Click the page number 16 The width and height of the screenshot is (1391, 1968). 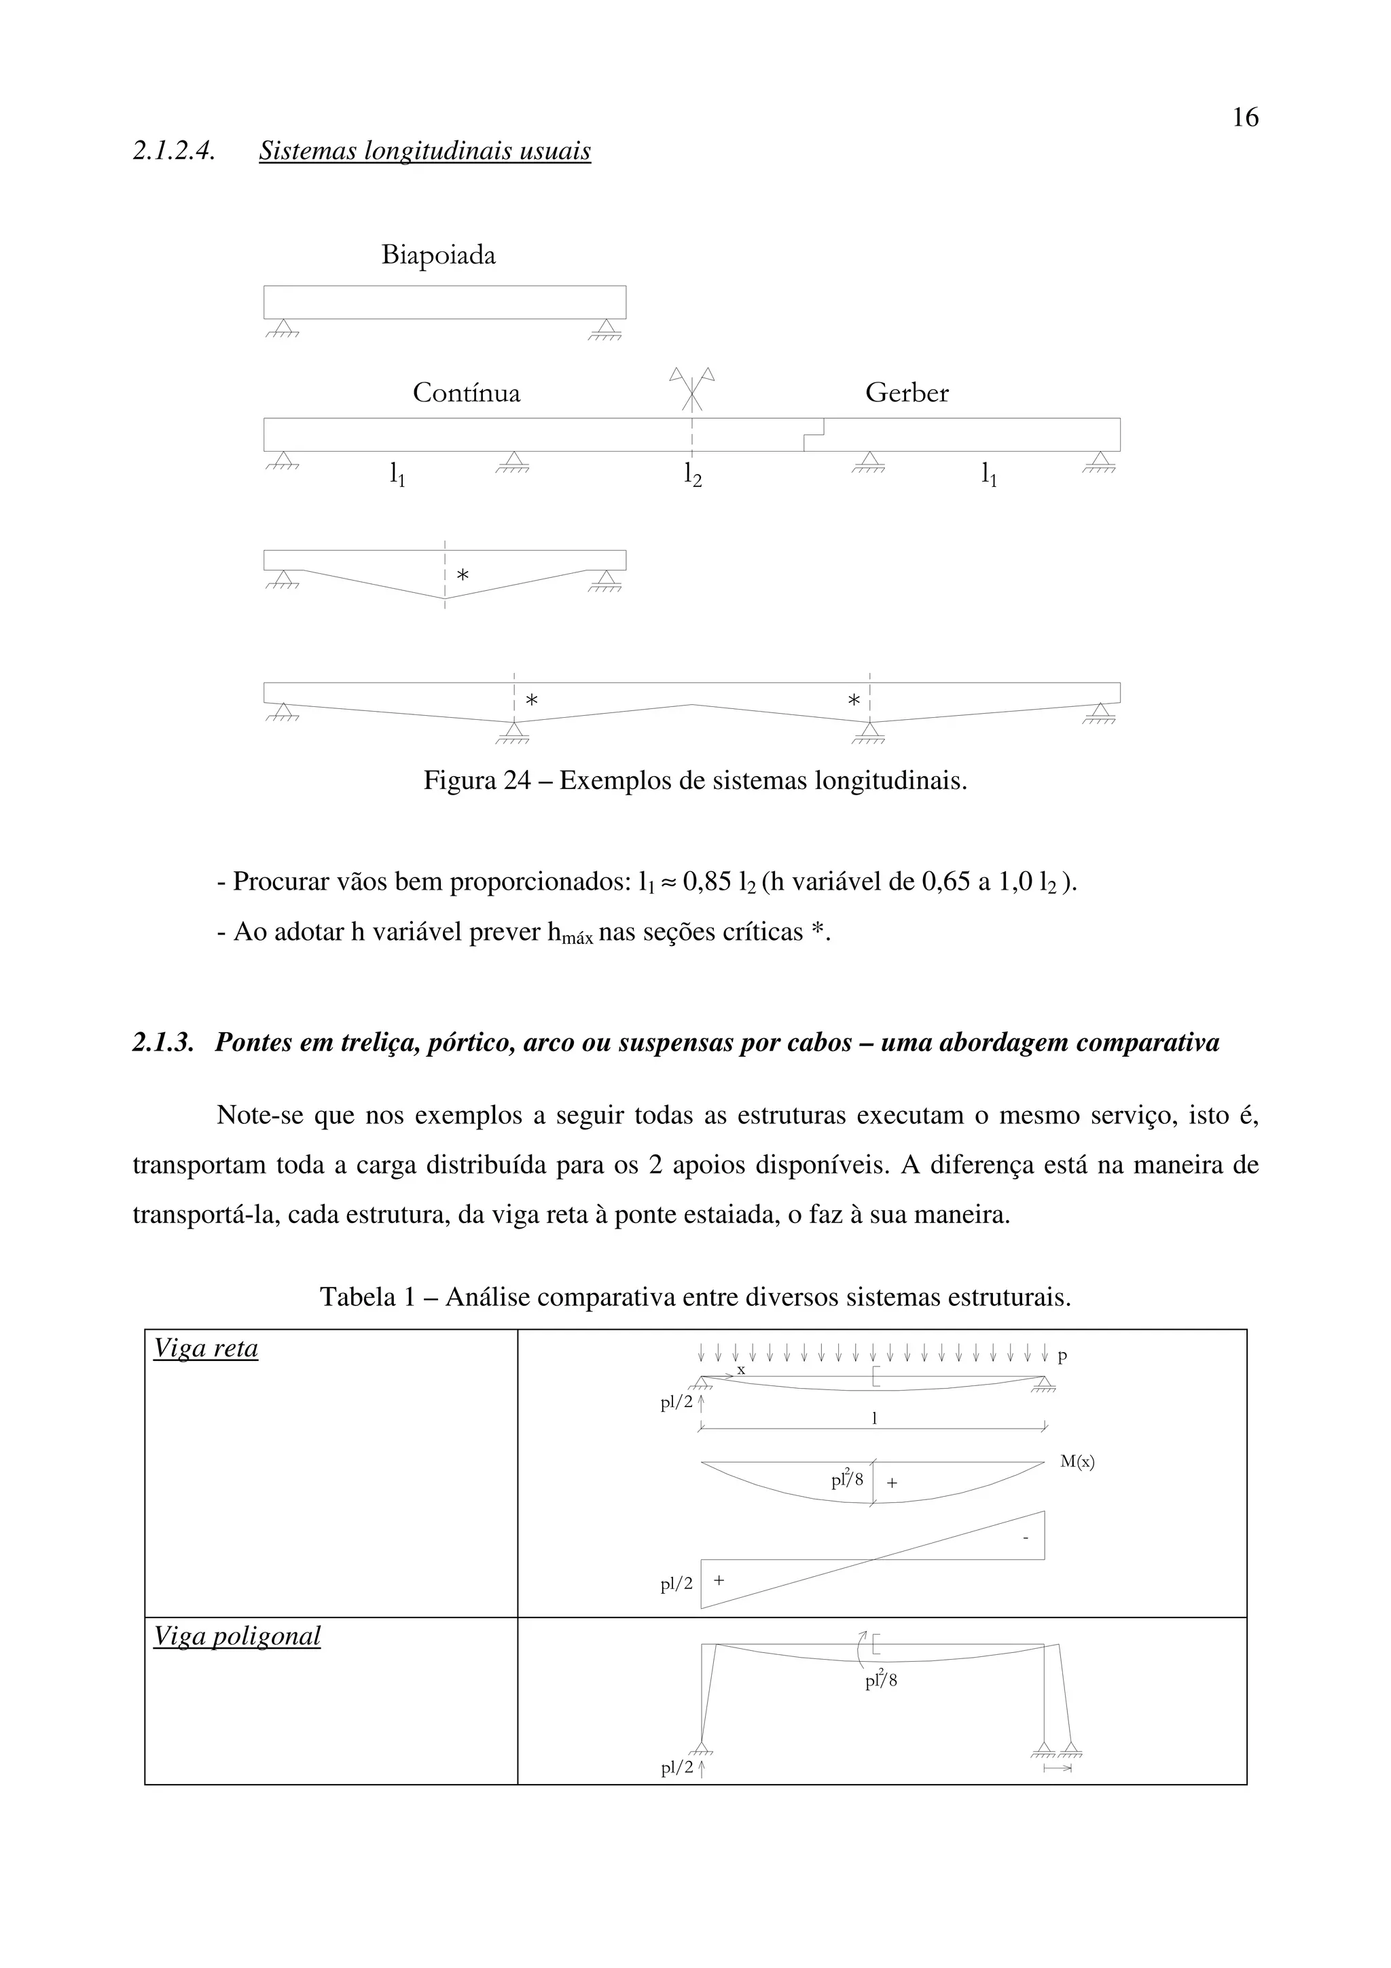[x=1244, y=117]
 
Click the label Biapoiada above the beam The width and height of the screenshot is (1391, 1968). [x=438, y=255]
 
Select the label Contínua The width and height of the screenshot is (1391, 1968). [x=466, y=393]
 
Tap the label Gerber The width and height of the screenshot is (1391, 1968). [x=907, y=393]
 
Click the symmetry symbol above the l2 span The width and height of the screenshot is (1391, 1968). [x=691, y=388]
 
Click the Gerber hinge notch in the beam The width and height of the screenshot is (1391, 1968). [x=814, y=434]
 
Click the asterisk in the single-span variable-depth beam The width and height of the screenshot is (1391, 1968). [x=463, y=575]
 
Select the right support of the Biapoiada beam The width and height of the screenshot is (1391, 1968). [x=606, y=327]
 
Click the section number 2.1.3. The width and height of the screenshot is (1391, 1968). [x=163, y=1042]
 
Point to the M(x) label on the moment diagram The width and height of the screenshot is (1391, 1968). [x=1077, y=1461]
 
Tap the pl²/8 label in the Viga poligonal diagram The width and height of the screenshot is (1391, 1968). [x=880, y=1680]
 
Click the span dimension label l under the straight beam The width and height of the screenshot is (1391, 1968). [x=873, y=1419]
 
